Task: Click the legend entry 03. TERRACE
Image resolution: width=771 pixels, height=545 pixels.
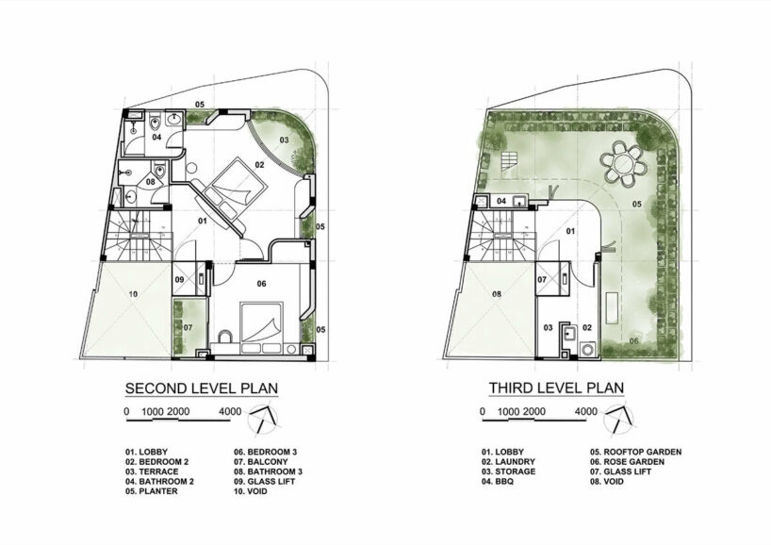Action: (x=154, y=471)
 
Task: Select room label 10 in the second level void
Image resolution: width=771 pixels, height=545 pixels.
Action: (x=133, y=295)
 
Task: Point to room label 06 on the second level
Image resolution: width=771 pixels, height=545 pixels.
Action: (x=261, y=283)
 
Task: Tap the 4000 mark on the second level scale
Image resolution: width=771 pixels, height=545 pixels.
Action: (x=230, y=411)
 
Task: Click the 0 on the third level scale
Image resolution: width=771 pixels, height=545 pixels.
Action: (x=483, y=411)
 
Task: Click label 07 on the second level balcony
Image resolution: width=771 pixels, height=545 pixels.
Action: (x=189, y=327)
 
